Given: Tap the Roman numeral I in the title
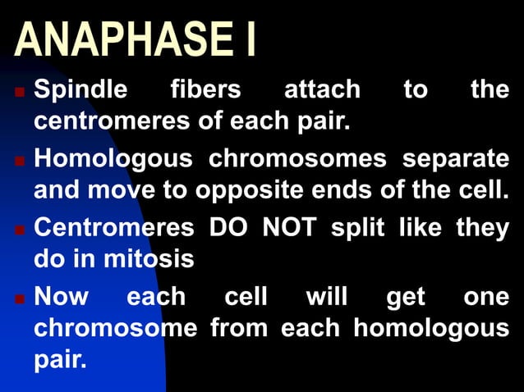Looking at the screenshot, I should [x=247, y=41].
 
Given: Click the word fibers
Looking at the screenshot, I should [x=205, y=89].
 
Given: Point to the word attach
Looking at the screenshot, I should [x=322, y=89].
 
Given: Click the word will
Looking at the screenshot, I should [x=326, y=295].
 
